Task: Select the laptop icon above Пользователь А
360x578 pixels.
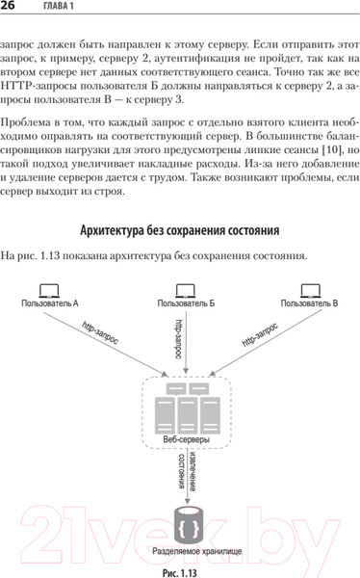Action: click(50, 288)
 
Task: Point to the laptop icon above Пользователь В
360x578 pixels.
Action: click(308, 288)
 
